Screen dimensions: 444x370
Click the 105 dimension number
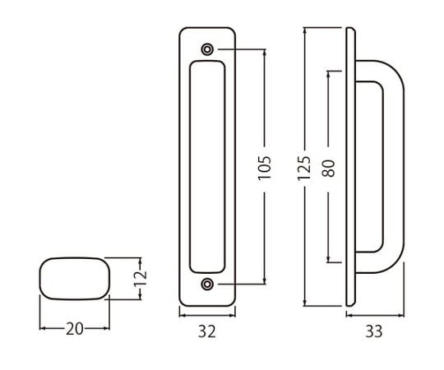coord(265,168)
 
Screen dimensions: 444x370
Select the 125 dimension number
coord(304,168)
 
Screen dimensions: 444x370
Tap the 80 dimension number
coord(328,169)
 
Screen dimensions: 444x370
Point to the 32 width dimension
coord(207,331)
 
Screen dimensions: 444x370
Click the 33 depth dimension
coord(374,331)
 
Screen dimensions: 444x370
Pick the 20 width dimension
coord(75,329)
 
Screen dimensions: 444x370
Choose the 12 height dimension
coord(140,279)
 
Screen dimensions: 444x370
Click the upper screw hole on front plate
coord(207,49)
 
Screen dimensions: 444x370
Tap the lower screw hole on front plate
coord(207,284)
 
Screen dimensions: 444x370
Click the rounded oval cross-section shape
coord(75,279)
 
